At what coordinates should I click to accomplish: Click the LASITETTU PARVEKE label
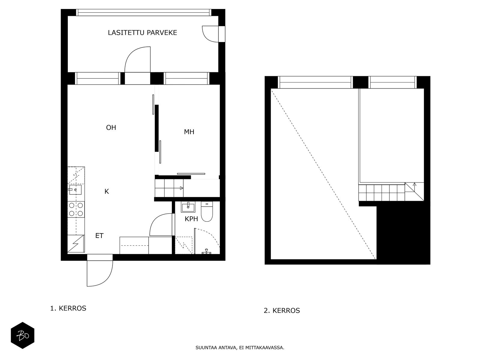click(x=142, y=33)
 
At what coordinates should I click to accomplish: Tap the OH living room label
click(x=111, y=128)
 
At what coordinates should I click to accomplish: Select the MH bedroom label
click(x=189, y=132)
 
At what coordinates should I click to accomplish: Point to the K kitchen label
click(x=106, y=191)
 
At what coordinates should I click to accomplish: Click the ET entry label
click(x=99, y=235)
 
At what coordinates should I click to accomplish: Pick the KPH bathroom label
click(x=191, y=219)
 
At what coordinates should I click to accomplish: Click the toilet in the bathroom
click(x=207, y=211)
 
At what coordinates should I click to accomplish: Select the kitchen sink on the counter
click(x=75, y=190)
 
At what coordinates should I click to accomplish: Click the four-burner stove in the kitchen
click(x=76, y=209)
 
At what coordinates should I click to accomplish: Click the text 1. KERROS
click(x=68, y=308)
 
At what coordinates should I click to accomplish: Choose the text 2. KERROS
click(x=282, y=310)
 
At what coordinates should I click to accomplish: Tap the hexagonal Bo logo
click(x=22, y=335)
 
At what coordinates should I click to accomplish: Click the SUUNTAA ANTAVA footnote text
click(x=240, y=348)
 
